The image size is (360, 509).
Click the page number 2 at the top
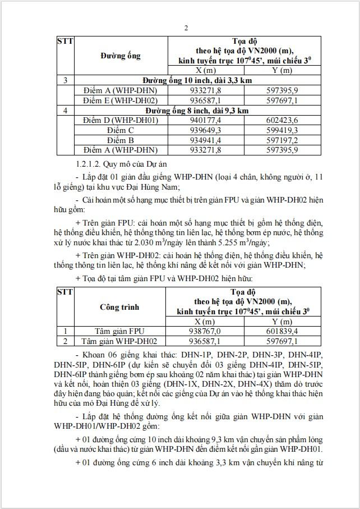point(186,29)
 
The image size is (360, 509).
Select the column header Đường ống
point(121,56)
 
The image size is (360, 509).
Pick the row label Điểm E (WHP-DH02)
point(119,100)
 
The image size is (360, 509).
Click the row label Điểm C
point(119,130)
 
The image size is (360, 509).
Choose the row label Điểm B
point(119,140)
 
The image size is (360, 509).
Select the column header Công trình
point(119,307)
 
